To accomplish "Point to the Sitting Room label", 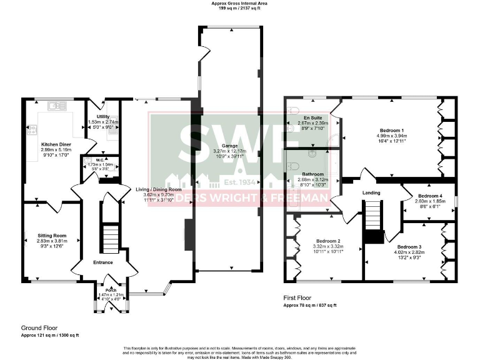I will [x=51, y=236].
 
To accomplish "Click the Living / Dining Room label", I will [x=158, y=189].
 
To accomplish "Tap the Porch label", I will [x=111, y=289].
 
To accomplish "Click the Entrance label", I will [x=103, y=262].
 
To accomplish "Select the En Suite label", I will [x=312, y=117].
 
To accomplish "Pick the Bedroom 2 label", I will [x=328, y=241].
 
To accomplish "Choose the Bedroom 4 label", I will [x=429, y=196].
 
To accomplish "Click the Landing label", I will [x=371, y=192].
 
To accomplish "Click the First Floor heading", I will [x=297, y=298].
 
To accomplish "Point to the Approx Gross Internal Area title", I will [x=240, y=4].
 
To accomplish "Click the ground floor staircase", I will [x=110, y=238].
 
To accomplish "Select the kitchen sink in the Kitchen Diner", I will [x=58, y=106].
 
